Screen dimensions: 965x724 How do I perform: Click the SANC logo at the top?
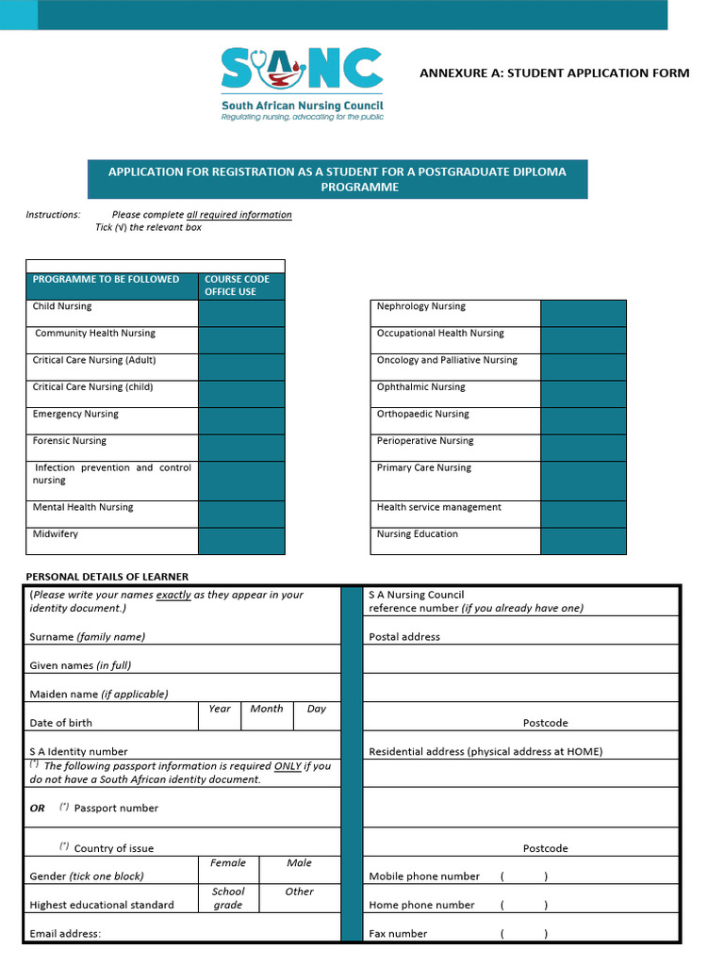coord(302,83)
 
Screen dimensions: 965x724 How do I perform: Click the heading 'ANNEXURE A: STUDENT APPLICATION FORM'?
coord(554,73)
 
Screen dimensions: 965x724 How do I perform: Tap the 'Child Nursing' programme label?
coord(62,306)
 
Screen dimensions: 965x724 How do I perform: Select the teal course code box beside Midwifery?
coord(241,540)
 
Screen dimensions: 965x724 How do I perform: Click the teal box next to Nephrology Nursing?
coord(583,313)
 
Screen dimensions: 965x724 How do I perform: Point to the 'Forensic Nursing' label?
coord(70,441)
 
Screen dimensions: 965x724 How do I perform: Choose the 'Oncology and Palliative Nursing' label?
coord(447,360)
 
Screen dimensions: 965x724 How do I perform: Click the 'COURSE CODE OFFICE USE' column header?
coord(238,286)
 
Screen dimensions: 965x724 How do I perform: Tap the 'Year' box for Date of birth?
coord(220,715)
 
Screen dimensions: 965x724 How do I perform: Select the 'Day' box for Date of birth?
coord(317,715)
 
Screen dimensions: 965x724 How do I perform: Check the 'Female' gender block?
coord(228,869)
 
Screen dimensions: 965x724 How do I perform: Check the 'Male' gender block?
coord(299,869)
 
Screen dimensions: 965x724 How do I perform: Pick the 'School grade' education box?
coord(228,898)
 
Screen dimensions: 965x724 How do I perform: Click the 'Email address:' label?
coord(65,934)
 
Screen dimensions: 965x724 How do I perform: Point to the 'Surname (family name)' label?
coord(88,637)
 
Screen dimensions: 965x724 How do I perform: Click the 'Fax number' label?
coord(398,934)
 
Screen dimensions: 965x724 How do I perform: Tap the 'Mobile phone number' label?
coord(424,876)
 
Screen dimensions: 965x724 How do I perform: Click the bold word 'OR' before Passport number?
coord(38,809)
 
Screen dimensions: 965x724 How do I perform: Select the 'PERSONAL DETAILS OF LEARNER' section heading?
coord(107,577)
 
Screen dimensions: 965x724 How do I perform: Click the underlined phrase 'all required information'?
coord(239,215)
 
